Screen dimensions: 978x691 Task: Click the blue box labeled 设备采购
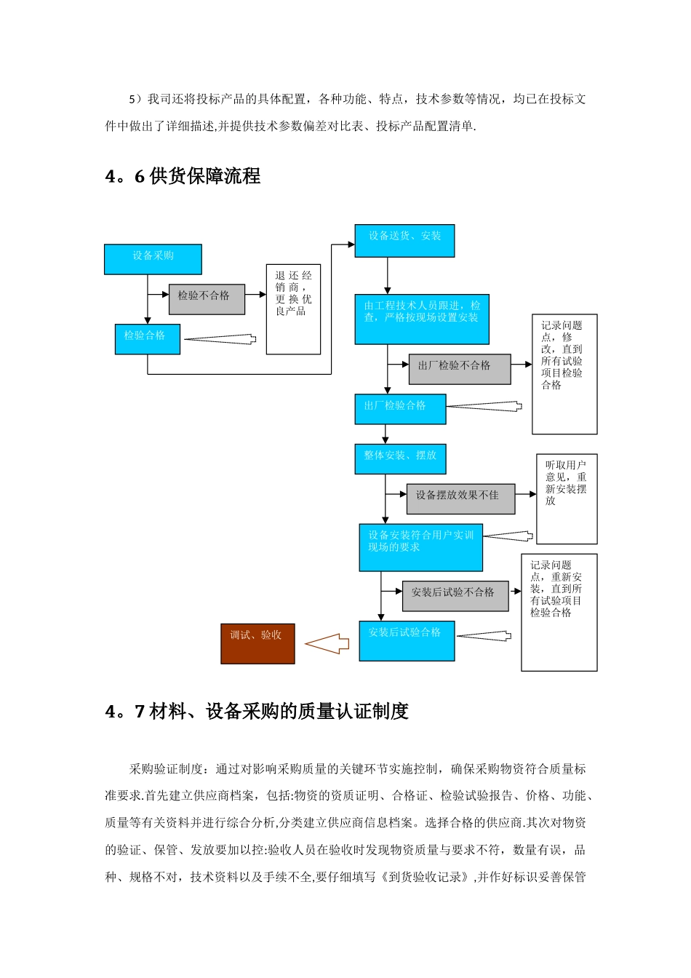coord(153,260)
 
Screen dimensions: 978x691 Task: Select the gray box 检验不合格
coord(207,299)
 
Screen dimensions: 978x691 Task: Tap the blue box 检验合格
coord(147,339)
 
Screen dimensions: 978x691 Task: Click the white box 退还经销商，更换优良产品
coord(293,309)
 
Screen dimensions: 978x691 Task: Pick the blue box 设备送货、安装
coord(404,241)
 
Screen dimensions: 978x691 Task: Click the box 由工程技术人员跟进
coord(422,319)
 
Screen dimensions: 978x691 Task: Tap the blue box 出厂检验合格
coord(399,410)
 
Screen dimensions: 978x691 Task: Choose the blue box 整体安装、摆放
coord(400,459)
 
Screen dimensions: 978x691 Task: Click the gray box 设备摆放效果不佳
coord(460,499)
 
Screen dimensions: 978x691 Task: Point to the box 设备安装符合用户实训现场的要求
coord(420,547)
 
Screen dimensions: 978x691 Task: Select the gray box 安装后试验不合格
coord(455,596)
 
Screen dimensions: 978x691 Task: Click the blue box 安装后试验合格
coord(407,640)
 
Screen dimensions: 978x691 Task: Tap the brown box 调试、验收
coord(257,643)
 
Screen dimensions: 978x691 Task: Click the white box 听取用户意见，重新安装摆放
coord(567,498)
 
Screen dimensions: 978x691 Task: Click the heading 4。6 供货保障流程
coord(183,176)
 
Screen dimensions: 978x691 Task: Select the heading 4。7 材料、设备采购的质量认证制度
coord(257,712)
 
